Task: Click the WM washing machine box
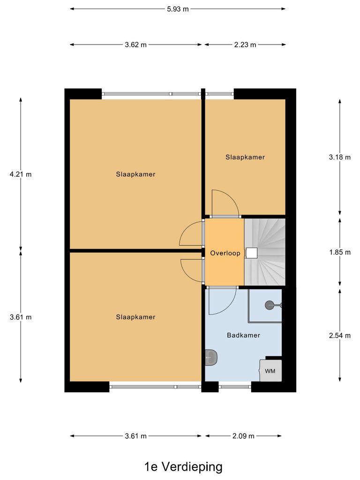tap(271, 371)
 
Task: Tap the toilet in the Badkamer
tap(211, 358)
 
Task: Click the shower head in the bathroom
tap(270, 305)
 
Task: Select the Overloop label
tap(225, 253)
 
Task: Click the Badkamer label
tap(243, 335)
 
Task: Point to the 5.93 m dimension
tap(178, 8)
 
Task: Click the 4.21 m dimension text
tap(21, 174)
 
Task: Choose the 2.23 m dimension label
tap(245, 45)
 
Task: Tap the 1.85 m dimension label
tap(340, 252)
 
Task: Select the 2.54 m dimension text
tap(340, 335)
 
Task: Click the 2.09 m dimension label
tap(243, 436)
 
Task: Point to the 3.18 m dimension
tap(340, 157)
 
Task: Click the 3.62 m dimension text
tap(136, 45)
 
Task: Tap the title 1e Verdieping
tap(183, 467)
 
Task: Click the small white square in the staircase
tap(252, 253)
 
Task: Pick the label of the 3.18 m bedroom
tap(245, 157)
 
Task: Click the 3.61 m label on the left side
tap(21, 317)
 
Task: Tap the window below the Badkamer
tap(235, 387)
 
